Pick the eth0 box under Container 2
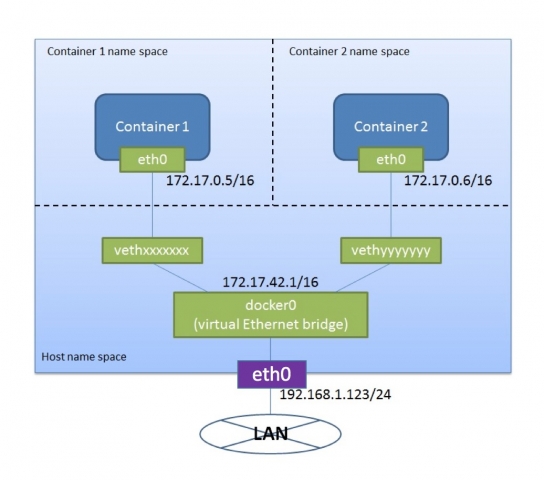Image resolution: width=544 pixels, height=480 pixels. (390, 159)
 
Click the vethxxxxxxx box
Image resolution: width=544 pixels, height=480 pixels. (152, 249)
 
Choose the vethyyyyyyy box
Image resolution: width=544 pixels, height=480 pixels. (390, 249)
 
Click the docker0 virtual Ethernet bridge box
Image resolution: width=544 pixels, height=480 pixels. (271, 315)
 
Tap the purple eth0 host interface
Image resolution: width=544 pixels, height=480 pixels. (271, 376)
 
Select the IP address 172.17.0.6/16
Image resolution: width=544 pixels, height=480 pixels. (449, 182)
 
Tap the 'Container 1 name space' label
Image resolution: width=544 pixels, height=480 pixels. (106, 51)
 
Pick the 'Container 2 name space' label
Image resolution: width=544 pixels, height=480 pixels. (348, 51)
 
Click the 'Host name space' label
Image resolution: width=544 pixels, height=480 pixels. (83, 357)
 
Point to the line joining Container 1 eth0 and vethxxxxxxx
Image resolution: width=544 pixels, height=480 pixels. (152, 205)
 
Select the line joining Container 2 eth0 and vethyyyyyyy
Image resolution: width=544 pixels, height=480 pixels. (390, 205)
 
